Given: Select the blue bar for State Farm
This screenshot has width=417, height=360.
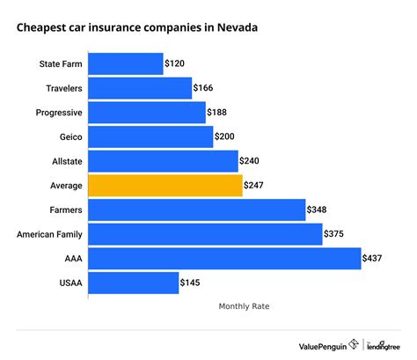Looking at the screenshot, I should click(x=126, y=64).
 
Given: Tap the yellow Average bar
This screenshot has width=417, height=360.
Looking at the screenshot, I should click(x=165, y=186).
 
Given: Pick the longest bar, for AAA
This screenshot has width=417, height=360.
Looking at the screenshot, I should click(x=224, y=259).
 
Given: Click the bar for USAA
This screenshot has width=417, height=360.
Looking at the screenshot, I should click(x=133, y=283).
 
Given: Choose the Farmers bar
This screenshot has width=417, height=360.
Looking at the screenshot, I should click(x=196, y=209).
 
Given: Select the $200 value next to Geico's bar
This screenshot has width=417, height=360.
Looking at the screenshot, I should click(x=225, y=137).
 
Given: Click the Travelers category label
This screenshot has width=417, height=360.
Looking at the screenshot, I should click(x=64, y=88).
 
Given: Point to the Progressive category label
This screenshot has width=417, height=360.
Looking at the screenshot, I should click(x=59, y=113).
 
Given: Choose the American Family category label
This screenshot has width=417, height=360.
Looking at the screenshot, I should click(x=50, y=234).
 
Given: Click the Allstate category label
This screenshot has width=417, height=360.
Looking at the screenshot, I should click(x=66, y=161).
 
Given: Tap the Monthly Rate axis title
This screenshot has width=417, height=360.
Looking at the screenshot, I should click(x=244, y=307).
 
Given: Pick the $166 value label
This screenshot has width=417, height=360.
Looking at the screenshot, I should click(x=204, y=88).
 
